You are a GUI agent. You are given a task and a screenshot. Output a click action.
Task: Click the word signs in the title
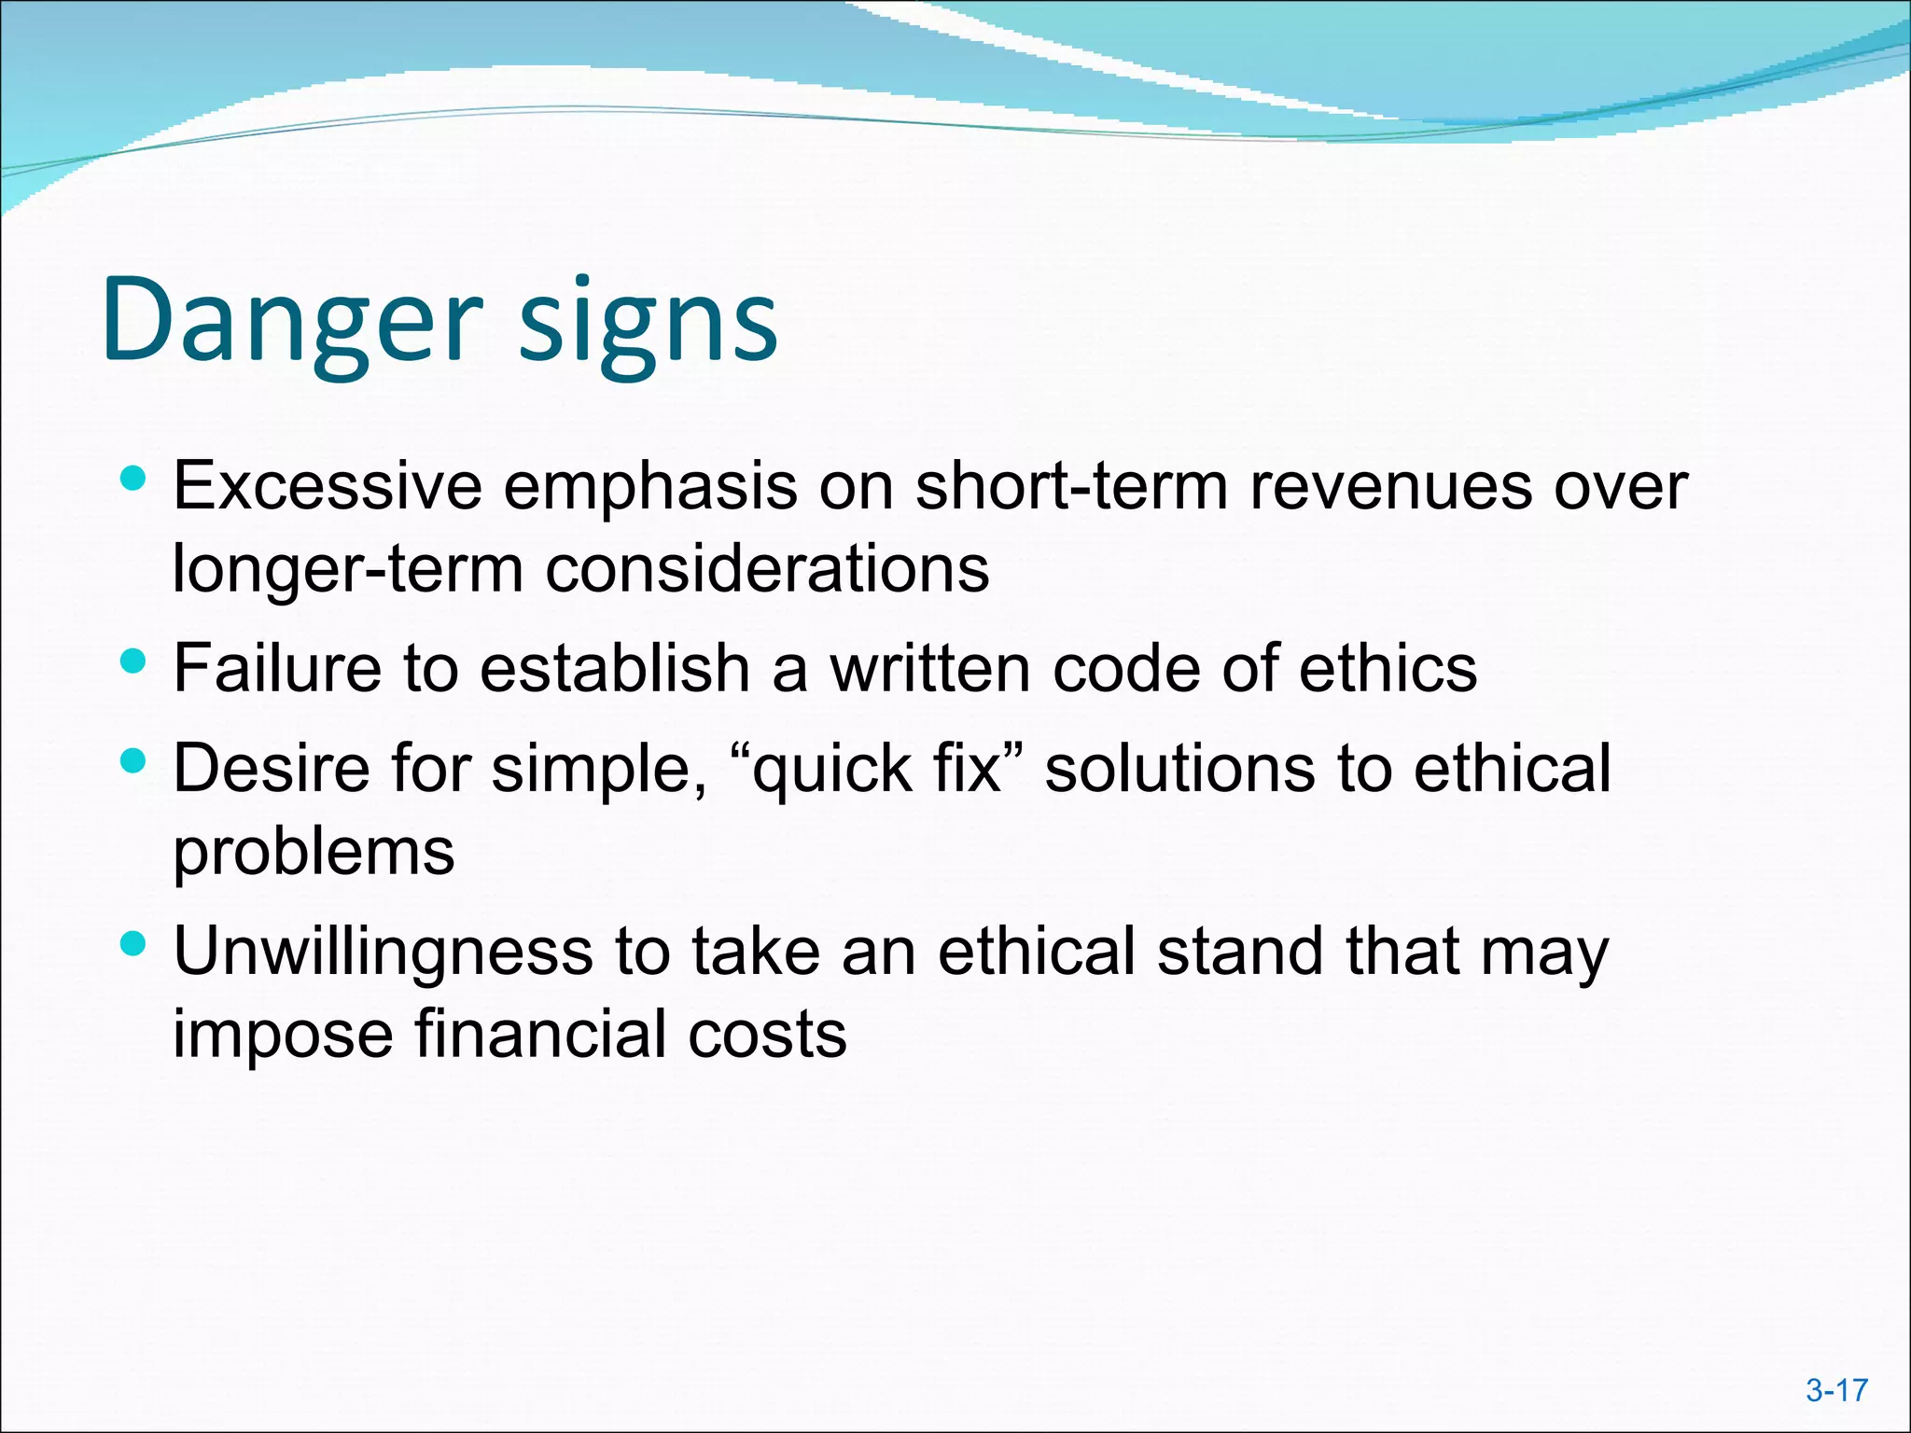(x=648, y=322)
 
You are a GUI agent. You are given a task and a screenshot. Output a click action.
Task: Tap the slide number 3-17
(x=1836, y=1391)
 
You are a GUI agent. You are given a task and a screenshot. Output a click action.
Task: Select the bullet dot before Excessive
(x=134, y=480)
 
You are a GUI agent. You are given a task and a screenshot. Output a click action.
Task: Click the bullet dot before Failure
(x=134, y=662)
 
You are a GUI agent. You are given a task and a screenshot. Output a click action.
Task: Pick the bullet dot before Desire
(x=134, y=762)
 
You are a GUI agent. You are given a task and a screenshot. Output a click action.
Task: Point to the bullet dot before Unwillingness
(x=134, y=945)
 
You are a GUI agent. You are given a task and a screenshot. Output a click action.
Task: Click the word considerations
(x=767, y=569)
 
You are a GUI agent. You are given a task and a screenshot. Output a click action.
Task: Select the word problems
(x=314, y=853)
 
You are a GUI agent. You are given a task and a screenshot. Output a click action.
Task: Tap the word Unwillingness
(x=384, y=953)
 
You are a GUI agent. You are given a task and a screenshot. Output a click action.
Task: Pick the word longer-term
(x=348, y=569)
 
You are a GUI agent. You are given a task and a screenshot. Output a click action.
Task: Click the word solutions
(x=1179, y=769)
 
